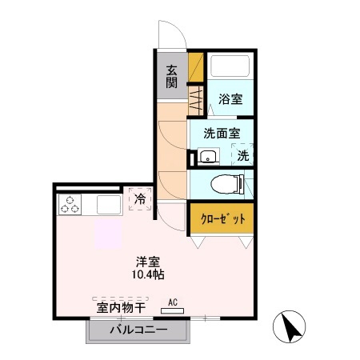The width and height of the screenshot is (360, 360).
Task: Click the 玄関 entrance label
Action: tap(171, 76)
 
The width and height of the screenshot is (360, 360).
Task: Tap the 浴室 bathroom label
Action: tap(231, 99)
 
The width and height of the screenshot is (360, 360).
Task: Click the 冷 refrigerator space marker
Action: tap(140, 198)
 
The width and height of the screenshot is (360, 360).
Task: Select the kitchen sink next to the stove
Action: tap(108, 206)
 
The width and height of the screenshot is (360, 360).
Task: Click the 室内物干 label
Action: tap(120, 306)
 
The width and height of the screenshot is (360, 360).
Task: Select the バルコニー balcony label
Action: tap(138, 330)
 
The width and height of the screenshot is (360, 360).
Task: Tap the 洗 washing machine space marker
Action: tap(242, 155)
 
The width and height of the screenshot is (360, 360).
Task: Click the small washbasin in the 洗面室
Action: tap(207, 156)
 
